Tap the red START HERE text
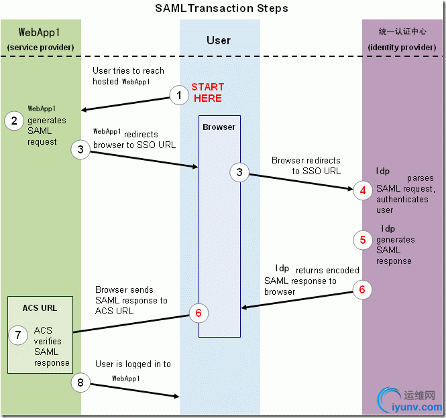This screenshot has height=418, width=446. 208,92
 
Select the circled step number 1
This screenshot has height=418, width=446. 178,96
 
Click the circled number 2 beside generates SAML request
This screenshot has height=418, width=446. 13,121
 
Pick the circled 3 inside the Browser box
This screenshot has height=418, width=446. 239,172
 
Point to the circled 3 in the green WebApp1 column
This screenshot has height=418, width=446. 80,149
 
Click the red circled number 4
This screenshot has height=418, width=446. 363,190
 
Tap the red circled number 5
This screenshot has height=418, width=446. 363,239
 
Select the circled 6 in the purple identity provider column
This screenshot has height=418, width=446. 363,289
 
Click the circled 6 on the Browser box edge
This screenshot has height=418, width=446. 199,312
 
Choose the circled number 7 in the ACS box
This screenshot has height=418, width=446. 18,334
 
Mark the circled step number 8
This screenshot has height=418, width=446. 80,382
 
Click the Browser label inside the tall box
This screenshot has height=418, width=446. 219,127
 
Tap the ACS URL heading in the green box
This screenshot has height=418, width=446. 40,308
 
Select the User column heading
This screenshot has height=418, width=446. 219,40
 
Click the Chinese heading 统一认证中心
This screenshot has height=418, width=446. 402,31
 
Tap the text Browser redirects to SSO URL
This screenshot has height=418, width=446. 306,165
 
